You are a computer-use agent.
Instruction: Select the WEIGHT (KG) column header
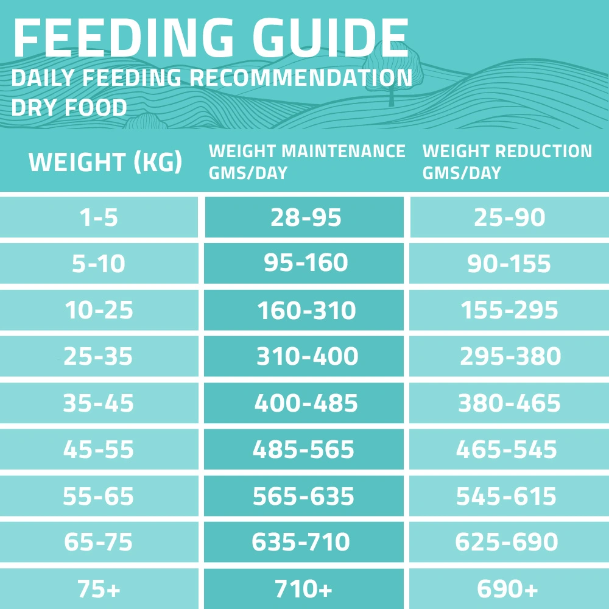(105, 163)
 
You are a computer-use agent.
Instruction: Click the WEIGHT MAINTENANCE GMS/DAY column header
(306, 161)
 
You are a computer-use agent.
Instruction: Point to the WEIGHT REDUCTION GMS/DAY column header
(507, 161)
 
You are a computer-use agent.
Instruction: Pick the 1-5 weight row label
(99, 217)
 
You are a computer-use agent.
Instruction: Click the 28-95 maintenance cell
(306, 217)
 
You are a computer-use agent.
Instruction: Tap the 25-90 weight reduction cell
(509, 217)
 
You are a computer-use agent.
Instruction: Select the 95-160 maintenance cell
(306, 262)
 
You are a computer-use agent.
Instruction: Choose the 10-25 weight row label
(99, 311)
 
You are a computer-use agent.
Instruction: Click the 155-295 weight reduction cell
(509, 311)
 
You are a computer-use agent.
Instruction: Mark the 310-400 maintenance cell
(306, 356)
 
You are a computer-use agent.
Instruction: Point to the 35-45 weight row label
(99, 403)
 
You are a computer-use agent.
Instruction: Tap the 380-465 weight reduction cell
(509, 403)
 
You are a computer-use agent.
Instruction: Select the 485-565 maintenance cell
(303, 449)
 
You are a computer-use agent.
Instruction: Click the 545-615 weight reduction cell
(507, 496)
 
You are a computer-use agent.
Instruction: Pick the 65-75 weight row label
(99, 542)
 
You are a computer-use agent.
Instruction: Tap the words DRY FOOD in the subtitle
(69, 108)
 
